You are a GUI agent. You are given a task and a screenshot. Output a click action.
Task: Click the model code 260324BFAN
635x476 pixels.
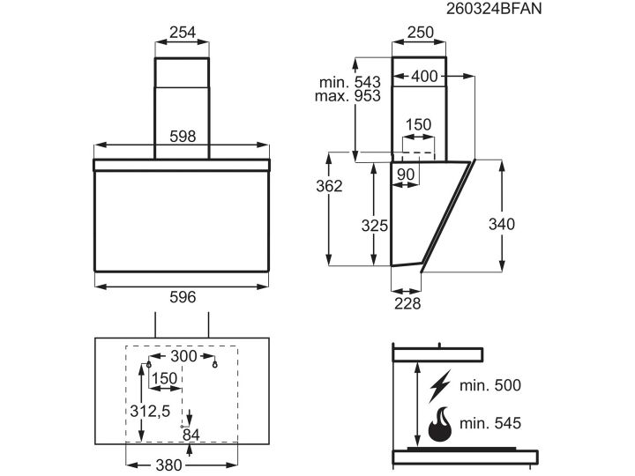point(494,9)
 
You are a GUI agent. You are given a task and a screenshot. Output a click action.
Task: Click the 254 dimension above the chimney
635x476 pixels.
point(183,32)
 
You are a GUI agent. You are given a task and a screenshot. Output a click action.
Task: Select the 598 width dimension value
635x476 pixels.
point(183,137)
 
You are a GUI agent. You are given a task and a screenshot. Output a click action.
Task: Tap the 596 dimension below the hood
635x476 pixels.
point(183,297)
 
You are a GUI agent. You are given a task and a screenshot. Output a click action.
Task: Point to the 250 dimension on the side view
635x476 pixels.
point(421,32)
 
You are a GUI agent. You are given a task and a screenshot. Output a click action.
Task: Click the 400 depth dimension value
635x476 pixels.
point(424,76)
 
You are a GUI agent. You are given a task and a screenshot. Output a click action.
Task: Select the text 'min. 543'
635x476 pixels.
point(350,82)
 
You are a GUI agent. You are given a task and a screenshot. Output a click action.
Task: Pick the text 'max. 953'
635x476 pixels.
point(347,96)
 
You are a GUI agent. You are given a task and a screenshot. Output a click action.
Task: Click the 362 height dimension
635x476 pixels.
point(329,186)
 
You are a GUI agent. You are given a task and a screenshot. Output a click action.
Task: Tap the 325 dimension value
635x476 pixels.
point(375,226)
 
